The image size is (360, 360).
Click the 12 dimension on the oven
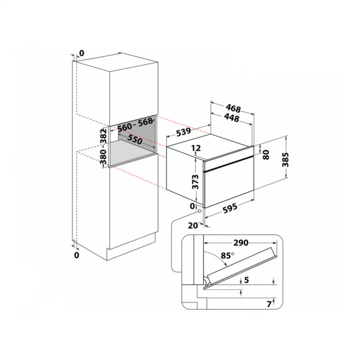[196, 148]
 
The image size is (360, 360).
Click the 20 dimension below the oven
[193, 225]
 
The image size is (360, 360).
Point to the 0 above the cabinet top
[81, 53]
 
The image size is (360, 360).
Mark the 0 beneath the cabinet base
[77, 255]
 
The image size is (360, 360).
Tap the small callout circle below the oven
[199, 211]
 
